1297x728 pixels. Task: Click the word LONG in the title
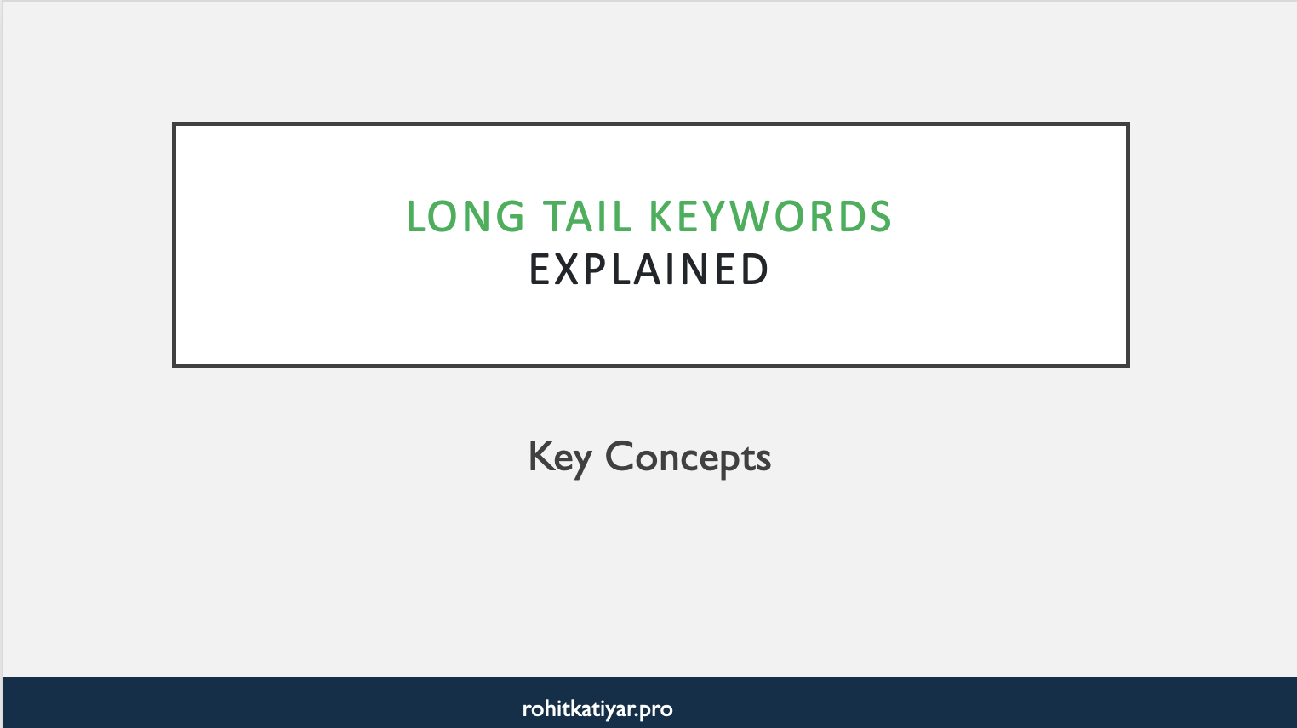[x=466, y=217]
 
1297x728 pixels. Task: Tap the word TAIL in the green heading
[x=587, y=217]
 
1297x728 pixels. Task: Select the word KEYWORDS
[x=770, y=217]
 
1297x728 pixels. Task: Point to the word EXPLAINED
[x=649, y=270]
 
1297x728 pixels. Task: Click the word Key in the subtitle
[x=559, y=458]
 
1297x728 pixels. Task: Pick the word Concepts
[x=688, y=458]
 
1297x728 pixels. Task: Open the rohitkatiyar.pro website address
[x=597, y=709]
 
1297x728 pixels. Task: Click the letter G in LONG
[x=511, y=217]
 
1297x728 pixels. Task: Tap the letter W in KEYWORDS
[x=749, y=217]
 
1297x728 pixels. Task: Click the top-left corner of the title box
[x=174, y=124]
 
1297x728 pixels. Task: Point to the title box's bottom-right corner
[x=1128, y=366]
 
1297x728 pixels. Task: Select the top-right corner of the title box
[x=1128, y=124]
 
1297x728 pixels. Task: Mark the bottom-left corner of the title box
[x=174, y=366]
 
